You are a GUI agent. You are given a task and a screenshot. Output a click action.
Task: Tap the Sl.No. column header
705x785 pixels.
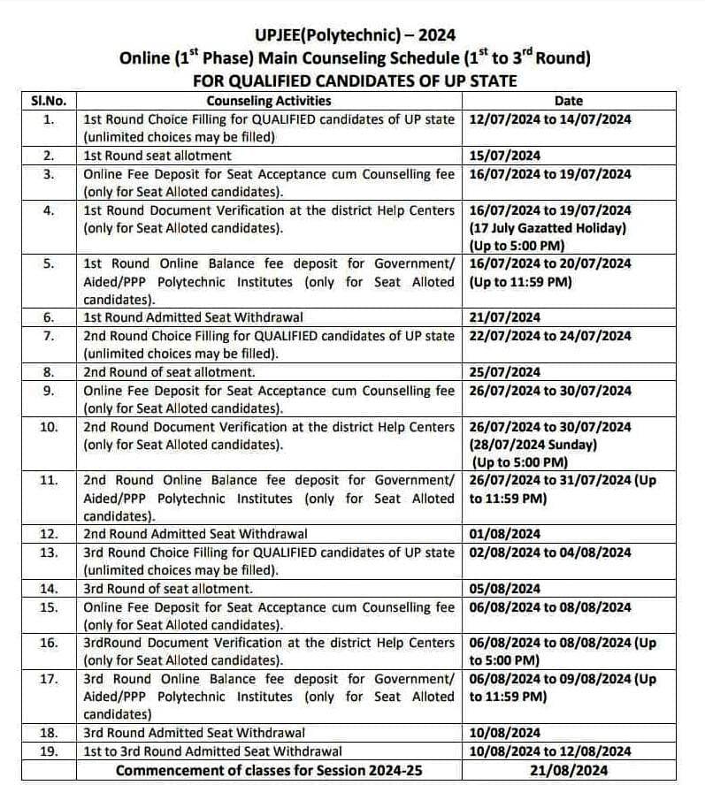pos(49,101)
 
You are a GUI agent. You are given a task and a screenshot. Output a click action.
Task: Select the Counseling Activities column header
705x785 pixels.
pos(269,101)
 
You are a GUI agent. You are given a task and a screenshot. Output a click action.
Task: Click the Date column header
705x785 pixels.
pos(568,101)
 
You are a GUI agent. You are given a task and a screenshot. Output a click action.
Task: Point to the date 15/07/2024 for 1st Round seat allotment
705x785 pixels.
pos(504,156)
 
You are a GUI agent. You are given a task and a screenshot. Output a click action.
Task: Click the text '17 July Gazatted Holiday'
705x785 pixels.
pos(548,228)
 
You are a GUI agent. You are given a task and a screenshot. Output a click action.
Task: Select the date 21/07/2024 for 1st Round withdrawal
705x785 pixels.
pos(505,317)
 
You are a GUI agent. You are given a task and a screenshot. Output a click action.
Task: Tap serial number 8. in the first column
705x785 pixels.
pos(49,372)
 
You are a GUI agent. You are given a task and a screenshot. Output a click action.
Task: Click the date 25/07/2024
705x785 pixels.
pos(505,372)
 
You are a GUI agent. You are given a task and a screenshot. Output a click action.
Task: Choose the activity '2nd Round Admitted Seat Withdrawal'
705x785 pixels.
pos(195,534)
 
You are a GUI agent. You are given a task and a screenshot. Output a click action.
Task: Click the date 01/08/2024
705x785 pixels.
pos(505,534)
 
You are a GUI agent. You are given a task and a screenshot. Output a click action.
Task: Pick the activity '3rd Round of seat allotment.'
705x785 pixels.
pos(168,589)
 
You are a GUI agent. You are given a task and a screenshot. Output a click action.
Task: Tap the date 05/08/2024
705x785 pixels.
pos(505,589)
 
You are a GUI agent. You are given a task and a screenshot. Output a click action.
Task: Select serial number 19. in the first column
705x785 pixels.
pos(49,751)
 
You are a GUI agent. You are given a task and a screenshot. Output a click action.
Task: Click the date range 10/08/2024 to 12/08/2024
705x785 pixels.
pos(550,751)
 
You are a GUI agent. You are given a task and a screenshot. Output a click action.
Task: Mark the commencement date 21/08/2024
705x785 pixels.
pos(568,770)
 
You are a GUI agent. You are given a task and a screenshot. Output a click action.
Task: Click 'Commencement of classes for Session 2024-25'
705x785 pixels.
pos(269,770)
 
